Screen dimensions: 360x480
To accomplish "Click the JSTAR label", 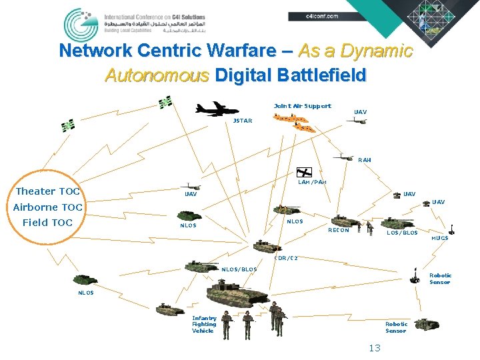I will click(x=242, y=121).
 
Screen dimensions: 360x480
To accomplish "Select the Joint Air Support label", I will click(x=302, y=106).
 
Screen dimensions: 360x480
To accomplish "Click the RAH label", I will click(x=364, y=160).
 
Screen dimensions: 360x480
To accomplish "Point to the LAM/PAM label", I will click(x=312, y=182).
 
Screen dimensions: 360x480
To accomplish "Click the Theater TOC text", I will click(x=47, y=191).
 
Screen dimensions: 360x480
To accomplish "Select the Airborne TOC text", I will click(x=47, y=207).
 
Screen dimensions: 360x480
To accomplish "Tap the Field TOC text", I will click(x=47, y=223).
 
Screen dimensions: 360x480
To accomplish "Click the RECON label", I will click(x=338, y=231).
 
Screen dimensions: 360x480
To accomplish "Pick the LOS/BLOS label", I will click(x=402, y=233).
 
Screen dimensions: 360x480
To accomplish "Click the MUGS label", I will click(x=440, y=237).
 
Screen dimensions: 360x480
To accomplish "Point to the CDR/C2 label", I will click(x=286, y=258).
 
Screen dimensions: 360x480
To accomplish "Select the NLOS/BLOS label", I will click(x=239, y=269).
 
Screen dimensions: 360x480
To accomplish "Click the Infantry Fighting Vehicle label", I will click(x=204, y=324).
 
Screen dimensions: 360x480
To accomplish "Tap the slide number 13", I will click(x=374, y=348).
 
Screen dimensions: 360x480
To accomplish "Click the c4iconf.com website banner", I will click(x=321, y=15).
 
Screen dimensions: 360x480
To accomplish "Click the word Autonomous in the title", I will click(x=157, y=75).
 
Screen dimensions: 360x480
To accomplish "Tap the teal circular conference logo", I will click(x=81, y=25).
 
